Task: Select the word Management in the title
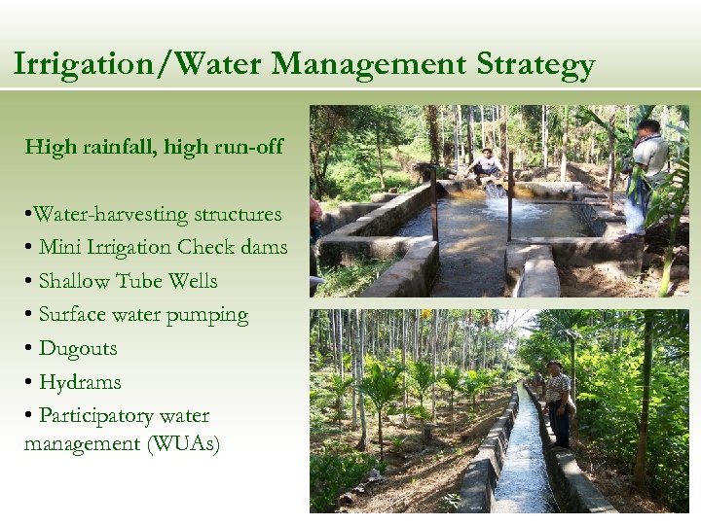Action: (x=369, y=65)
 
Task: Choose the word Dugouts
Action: (x=78, y=348)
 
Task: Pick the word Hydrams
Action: (x=80, y=382)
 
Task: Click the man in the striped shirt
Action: (x=557, y=399)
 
